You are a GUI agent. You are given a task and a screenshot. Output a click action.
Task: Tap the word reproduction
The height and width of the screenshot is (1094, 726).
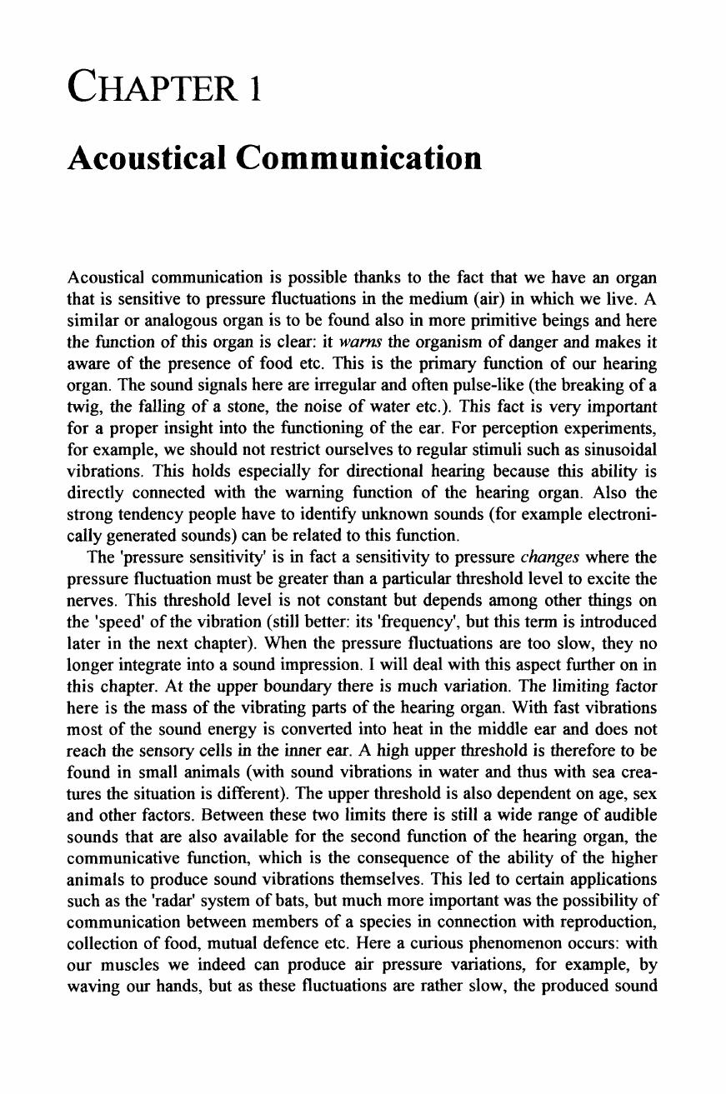pos(610,922)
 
